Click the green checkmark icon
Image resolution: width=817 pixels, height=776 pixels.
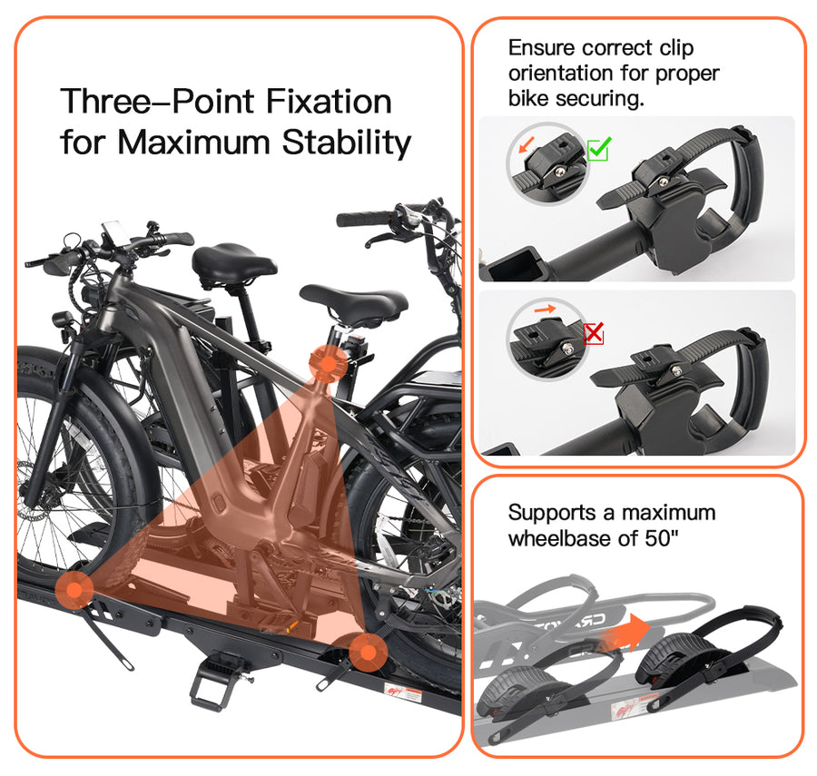598,150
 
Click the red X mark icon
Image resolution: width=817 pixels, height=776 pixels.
594,333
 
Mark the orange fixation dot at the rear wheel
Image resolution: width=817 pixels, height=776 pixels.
365,651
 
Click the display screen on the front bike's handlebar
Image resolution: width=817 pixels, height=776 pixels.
112,231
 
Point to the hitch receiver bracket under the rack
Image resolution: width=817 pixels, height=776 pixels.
218,681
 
